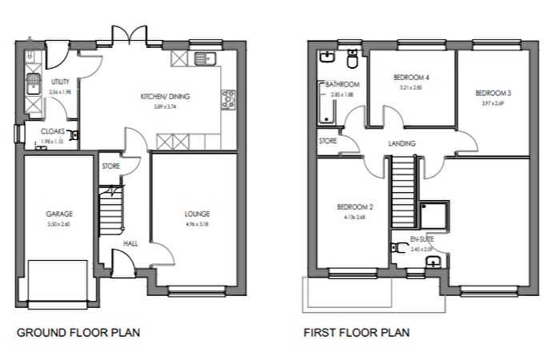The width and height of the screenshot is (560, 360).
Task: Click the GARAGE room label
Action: point(59,214)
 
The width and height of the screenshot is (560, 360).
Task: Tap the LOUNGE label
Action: point(197,214)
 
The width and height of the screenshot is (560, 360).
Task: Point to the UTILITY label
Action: point(60,82)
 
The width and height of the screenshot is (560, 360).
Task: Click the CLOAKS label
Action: point(53,132)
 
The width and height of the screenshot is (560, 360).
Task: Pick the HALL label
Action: point(131,243)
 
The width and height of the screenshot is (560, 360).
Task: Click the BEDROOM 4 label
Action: point(412,78)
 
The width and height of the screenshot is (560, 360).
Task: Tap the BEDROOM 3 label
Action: point(492,93)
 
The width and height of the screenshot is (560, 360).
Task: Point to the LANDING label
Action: point(400,143)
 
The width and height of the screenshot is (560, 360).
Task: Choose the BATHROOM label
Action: point(342,85)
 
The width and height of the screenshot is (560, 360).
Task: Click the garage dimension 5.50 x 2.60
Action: point(59,224)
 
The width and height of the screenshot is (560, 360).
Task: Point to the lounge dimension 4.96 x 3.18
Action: point(197,224)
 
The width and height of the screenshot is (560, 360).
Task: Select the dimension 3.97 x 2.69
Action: point(492,103)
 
